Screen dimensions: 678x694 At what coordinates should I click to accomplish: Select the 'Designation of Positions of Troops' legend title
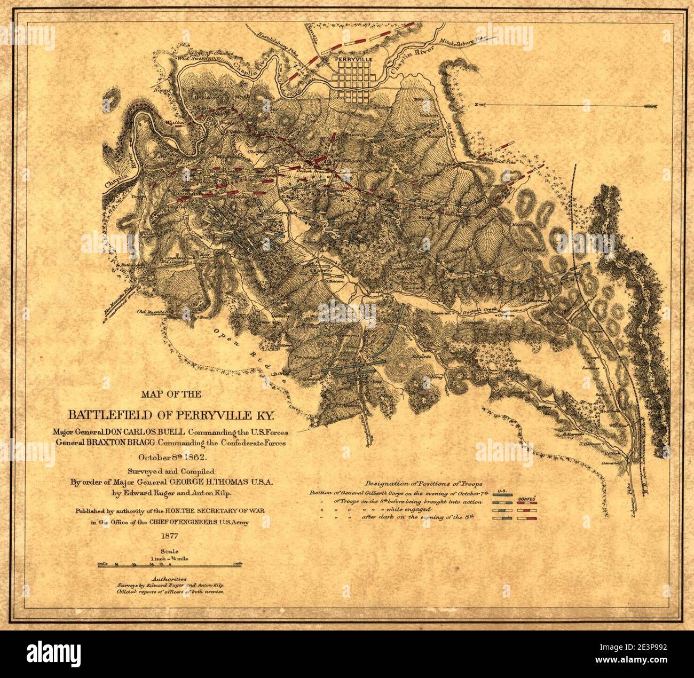tap(424, 482)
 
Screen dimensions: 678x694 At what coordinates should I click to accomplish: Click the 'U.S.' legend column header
tap(502, 491)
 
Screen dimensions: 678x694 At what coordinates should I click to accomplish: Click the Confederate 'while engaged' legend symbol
tap(527, 511)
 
